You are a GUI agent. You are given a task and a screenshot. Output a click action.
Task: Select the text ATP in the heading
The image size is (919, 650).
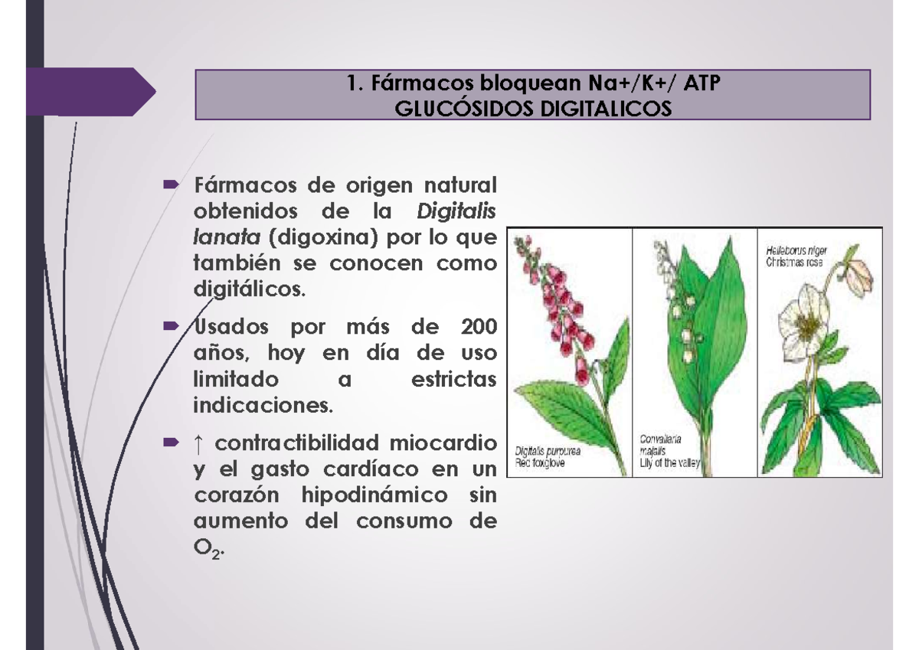702,83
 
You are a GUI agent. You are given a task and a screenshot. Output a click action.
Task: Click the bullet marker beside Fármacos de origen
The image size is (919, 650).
171,185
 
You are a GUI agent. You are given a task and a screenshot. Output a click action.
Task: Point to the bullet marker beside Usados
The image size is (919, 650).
171,326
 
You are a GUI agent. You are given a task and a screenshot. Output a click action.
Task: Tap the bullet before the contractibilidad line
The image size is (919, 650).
171,442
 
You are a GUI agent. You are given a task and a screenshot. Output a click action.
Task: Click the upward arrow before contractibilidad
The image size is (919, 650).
198,444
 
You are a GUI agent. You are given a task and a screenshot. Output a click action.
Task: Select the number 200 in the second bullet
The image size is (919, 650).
479,326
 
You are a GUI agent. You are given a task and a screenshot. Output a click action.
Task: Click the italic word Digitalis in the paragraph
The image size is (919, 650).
456,211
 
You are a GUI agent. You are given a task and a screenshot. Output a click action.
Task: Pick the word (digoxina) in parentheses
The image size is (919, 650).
323,237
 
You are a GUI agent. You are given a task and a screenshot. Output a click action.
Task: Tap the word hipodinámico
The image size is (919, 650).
374,495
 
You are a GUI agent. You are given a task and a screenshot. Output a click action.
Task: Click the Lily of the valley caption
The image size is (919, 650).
669,463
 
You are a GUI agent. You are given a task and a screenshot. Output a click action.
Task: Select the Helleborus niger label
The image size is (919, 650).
796,250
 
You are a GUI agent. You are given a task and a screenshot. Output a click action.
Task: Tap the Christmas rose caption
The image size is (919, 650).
794,262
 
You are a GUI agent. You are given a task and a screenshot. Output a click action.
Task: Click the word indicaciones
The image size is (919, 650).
263,405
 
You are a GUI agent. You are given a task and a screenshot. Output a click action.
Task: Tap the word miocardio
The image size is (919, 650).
443,443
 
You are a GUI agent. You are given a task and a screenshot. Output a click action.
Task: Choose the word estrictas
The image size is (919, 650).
453,379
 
